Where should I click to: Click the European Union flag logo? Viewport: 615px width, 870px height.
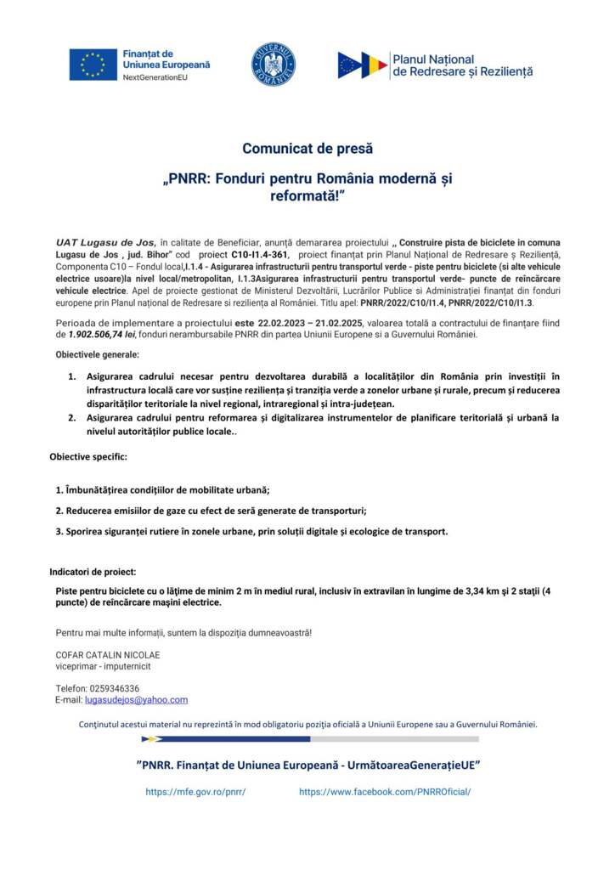click(x=93, y=65)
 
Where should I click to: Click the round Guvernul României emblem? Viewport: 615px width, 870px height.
click(x=273, y=65)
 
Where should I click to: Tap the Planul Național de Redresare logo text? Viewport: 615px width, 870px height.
click(x=462, y=65)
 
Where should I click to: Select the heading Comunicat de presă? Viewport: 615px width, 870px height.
click(x=307, y=149)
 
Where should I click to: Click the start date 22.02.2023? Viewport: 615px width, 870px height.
click(x=289, y=324)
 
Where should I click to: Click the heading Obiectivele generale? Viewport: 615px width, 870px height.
click(x=98, y=353)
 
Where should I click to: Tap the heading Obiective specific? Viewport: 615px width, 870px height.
click(x=88, y=457)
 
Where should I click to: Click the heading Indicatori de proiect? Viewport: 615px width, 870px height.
click(x=93, y=572)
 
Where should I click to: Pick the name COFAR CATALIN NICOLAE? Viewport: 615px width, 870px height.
click(x=108, y=655)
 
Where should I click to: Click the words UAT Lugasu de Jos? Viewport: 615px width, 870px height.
click(x=105, y=242)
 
